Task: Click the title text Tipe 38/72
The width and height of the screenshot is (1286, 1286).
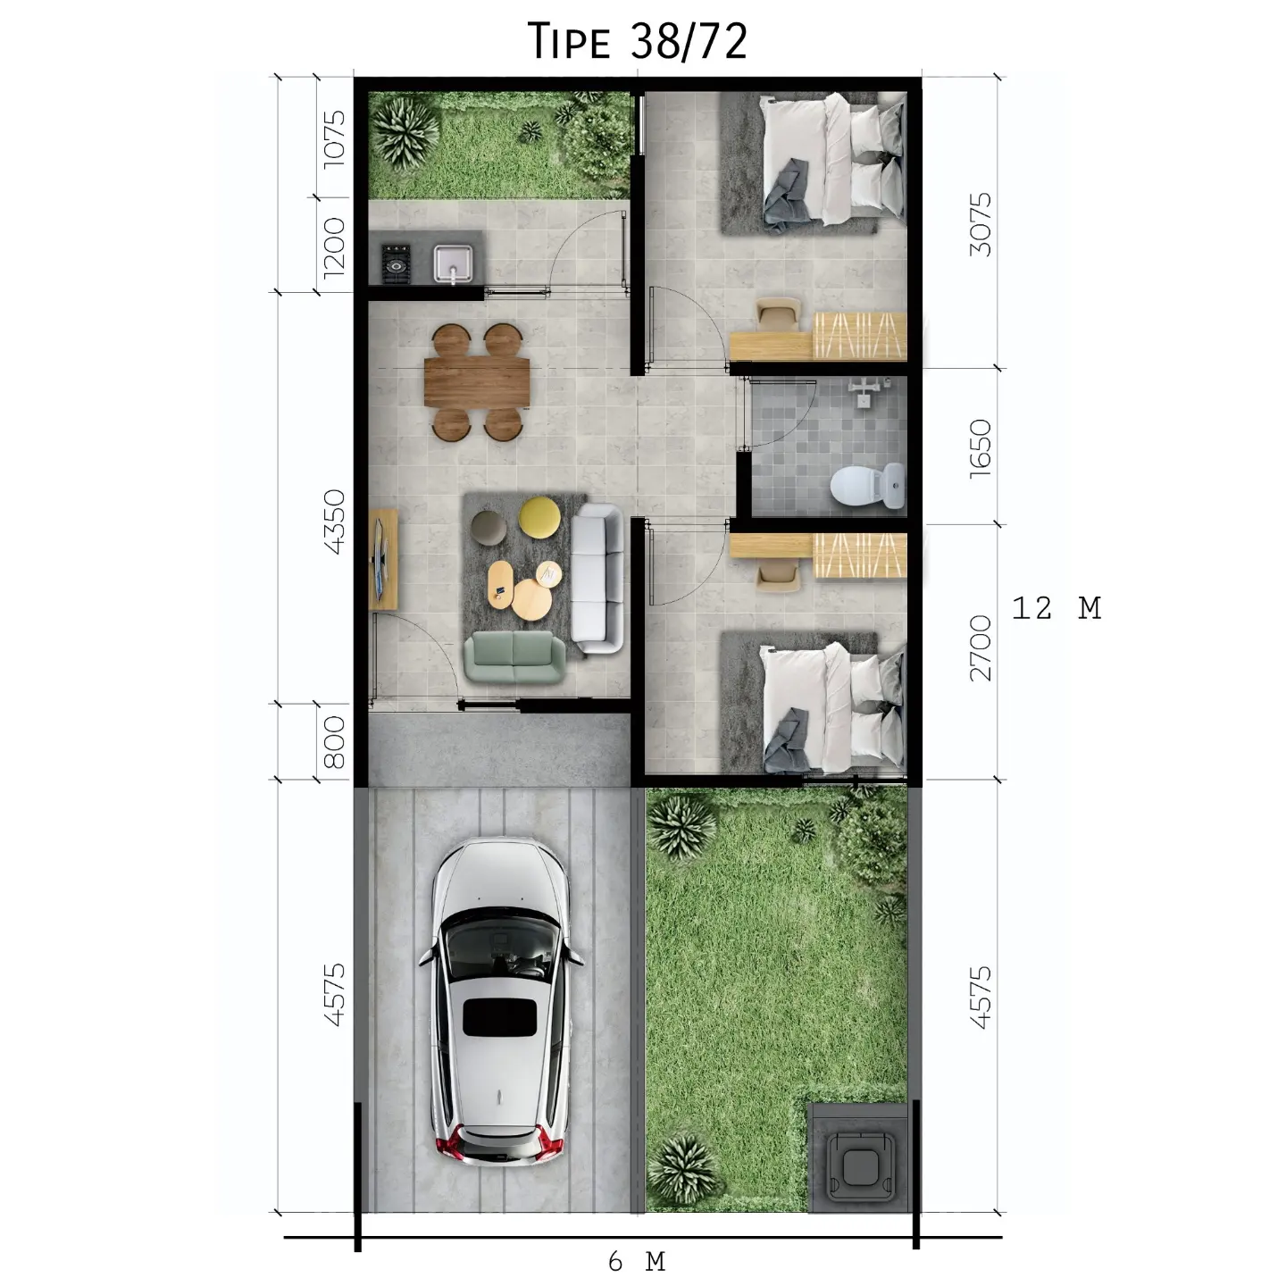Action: tap(638, 41)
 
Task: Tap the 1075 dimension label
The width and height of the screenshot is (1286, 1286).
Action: tap(333, 136)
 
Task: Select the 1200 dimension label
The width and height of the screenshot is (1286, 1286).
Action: tap(333, 246)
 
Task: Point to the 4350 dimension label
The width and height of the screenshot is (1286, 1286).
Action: tap(333, 521)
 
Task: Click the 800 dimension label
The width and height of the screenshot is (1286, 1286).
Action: tap(333, 741)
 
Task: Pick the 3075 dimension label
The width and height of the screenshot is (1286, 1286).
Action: tap(980, 224)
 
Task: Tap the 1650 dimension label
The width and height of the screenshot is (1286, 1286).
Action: tap(980, 447)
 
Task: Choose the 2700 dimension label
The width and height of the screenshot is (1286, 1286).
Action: tap(980, 647)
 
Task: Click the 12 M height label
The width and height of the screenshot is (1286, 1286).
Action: tap(1056, 608)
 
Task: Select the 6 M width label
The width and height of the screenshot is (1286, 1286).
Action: tap(637, 1261)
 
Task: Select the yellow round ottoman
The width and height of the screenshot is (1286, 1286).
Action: tap(539, 516)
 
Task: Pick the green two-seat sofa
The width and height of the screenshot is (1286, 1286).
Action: tap(514, 656)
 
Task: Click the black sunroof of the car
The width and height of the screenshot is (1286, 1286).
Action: tap(499, 1017)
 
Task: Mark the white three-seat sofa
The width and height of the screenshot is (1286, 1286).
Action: tap(597, 575)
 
